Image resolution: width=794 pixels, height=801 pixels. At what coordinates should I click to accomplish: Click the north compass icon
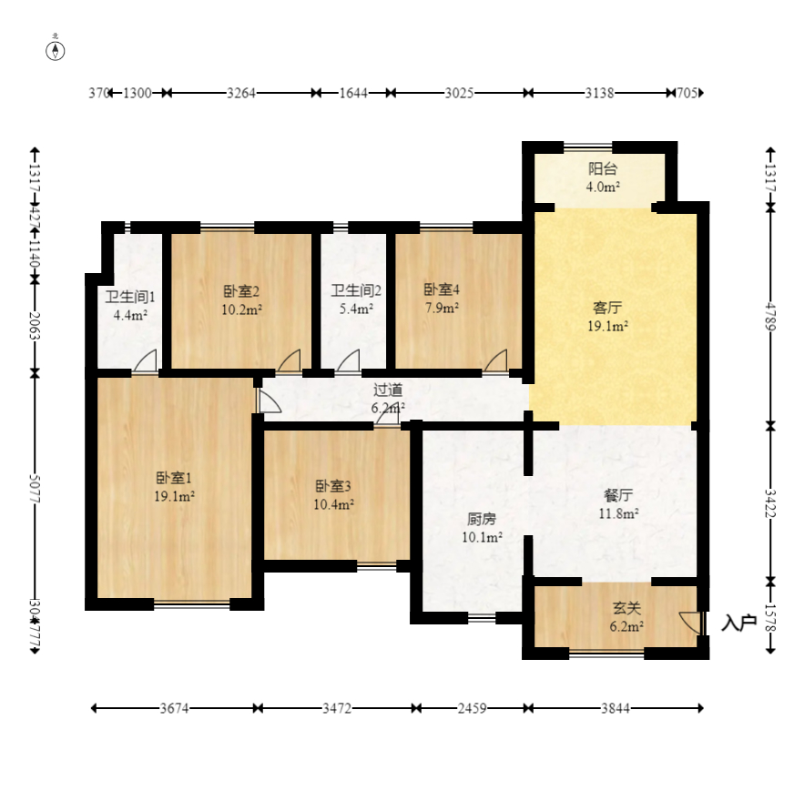(x=56, y=50)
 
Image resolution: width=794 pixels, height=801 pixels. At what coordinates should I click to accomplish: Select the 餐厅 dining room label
(x=617, y=503)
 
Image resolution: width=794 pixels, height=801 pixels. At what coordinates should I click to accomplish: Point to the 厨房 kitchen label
(x=483, y=528)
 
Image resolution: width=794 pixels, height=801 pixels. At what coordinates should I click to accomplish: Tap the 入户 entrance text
(x=738, y=624)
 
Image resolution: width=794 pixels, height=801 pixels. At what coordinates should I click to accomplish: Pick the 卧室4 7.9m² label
(x=442, y=298)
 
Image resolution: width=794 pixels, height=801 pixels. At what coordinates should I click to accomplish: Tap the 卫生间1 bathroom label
(x=131, y=305)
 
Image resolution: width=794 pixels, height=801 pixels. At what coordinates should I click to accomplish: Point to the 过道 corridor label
(x=388, y=399)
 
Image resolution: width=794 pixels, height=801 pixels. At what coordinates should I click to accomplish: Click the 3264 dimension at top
(x=240, y=93)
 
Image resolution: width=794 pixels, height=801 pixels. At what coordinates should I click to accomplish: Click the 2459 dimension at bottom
(x=473, y=707)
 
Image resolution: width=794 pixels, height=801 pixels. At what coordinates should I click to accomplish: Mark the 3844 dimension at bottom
(x=619, y=707)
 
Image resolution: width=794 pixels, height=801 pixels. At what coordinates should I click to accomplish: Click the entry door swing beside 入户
(x=692, y=624)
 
